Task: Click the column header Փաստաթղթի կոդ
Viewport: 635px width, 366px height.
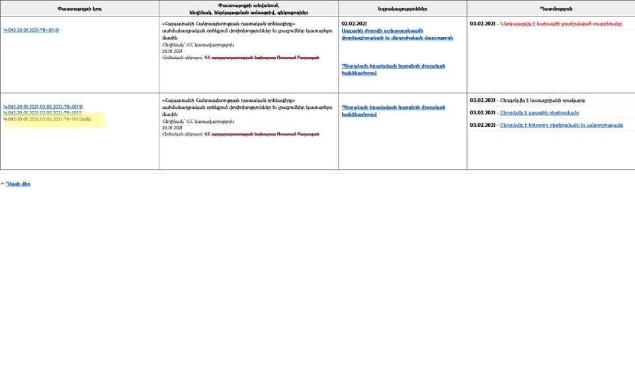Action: point(79,9)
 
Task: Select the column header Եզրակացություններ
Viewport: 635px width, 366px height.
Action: point(402,9)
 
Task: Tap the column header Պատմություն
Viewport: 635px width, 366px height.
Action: point(550,9)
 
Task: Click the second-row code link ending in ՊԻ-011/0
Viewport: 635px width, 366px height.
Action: point(43,106)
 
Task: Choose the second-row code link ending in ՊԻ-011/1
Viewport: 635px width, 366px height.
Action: point(43,113)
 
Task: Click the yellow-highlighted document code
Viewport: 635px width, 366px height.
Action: point(47,120)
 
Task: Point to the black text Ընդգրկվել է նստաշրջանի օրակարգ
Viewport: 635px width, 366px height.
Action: point(542,100)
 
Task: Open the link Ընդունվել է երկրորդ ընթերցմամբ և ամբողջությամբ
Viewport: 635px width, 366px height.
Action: point(562,126)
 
